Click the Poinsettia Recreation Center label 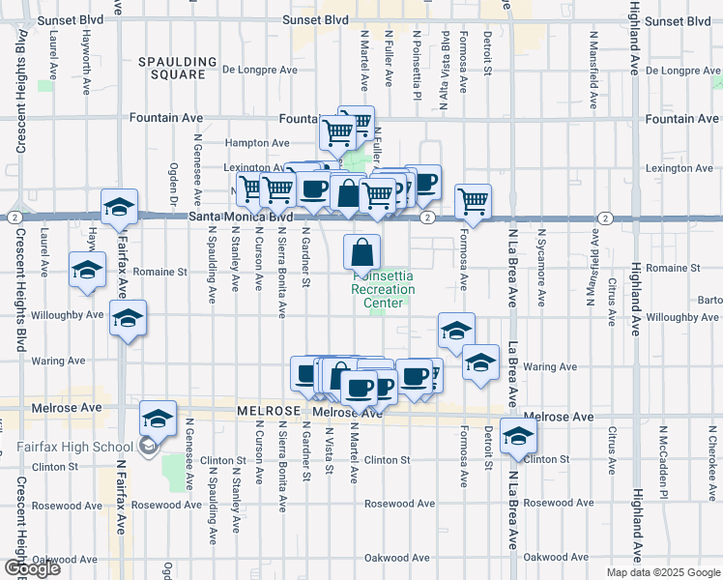pyautogui.click(x=383, y=289)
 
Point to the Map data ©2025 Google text pyautogui.click(x=662, y=572)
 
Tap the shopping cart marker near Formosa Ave pyautogui.click(x=473, y=201)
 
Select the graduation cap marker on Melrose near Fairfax pyautogui.click(x=159, y=419)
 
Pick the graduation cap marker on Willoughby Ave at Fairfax pyautogui.click(x=127, y=319)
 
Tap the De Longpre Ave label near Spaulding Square pyautogui.click(x=260, y=70)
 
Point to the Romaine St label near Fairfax pyautogui.click(x=159, y=273)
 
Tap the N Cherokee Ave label pyautogui.click(x=714, y=454)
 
